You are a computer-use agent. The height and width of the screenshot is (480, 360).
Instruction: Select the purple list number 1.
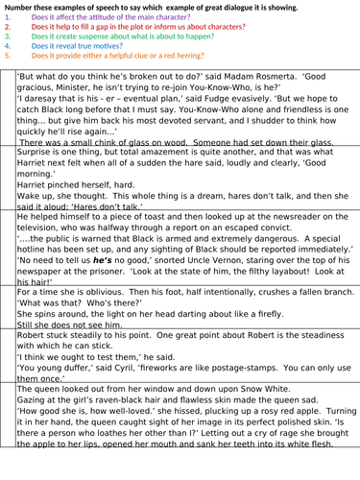click(7, 18)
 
